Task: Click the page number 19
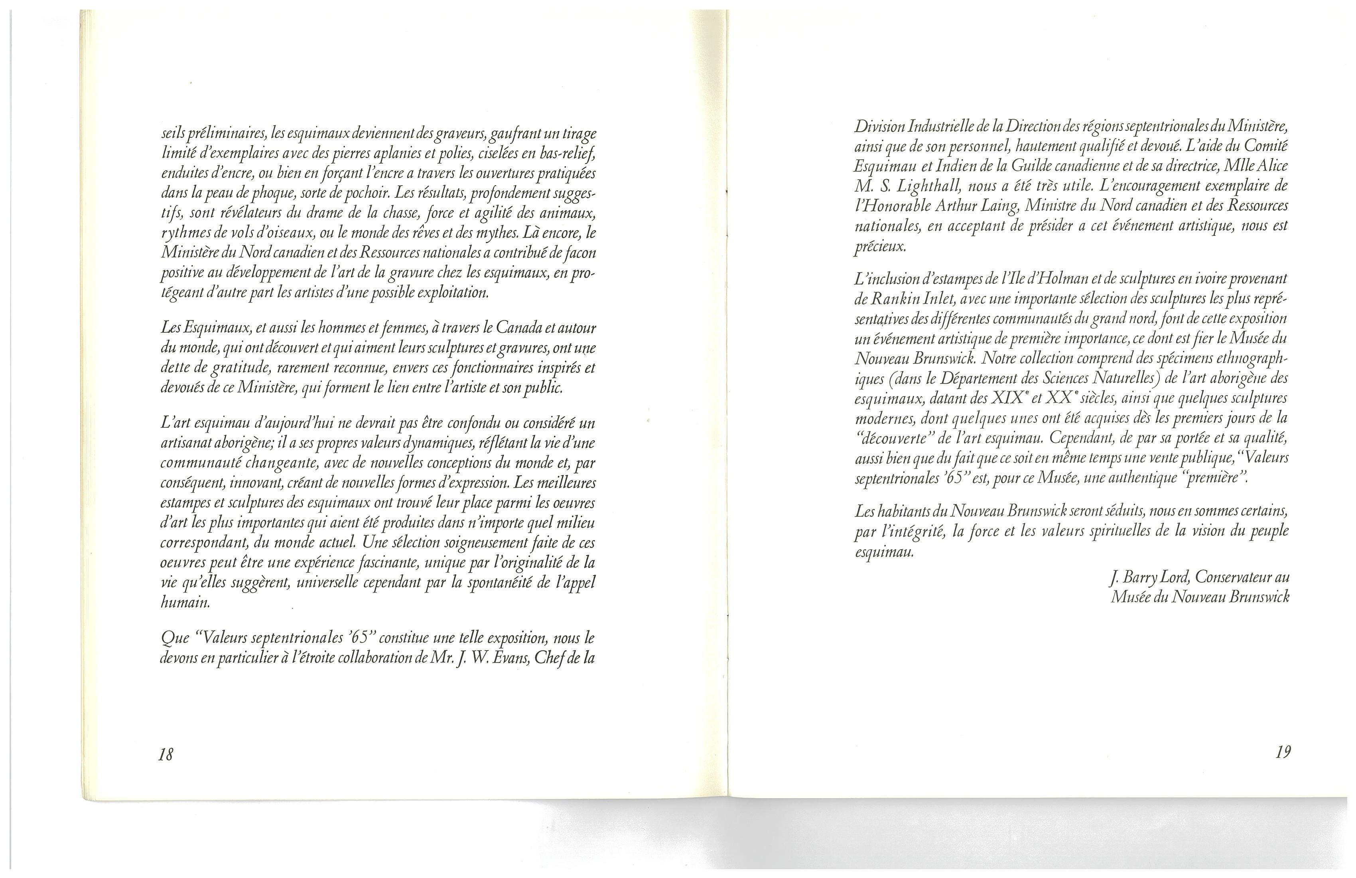tap(1283, 752)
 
